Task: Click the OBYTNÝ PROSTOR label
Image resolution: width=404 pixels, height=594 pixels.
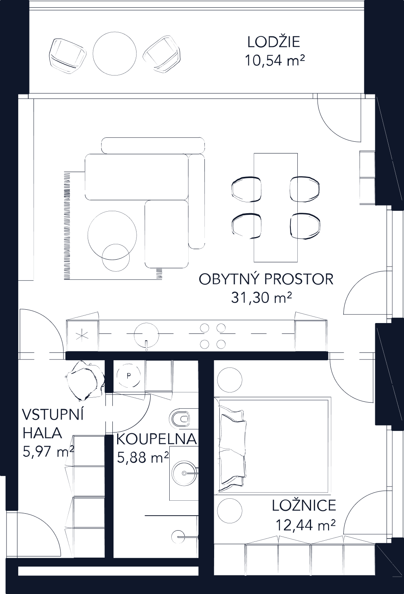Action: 266,279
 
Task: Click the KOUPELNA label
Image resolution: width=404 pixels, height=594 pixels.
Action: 156,439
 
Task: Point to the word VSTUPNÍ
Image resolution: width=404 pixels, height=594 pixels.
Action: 53,415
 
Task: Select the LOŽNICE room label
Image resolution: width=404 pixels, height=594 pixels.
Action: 304,506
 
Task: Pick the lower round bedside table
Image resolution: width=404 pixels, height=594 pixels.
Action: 230,510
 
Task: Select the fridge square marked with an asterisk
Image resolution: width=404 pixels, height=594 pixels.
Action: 83,336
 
